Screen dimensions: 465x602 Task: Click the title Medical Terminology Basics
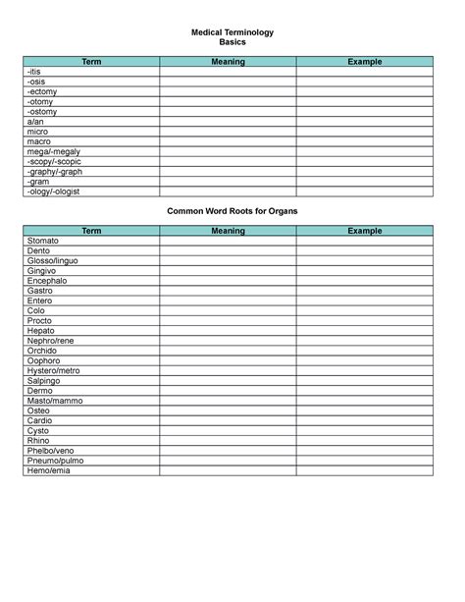pos(232,37)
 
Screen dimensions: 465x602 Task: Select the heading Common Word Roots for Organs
pos(232,211)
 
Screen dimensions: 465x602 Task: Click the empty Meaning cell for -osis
pos(228,82)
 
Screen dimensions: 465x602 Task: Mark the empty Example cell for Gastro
pos(364,291)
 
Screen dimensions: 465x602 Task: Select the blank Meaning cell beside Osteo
pos(228,410)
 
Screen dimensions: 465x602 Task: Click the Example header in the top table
pos(364,62)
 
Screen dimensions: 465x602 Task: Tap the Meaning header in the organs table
pos(228,231)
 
